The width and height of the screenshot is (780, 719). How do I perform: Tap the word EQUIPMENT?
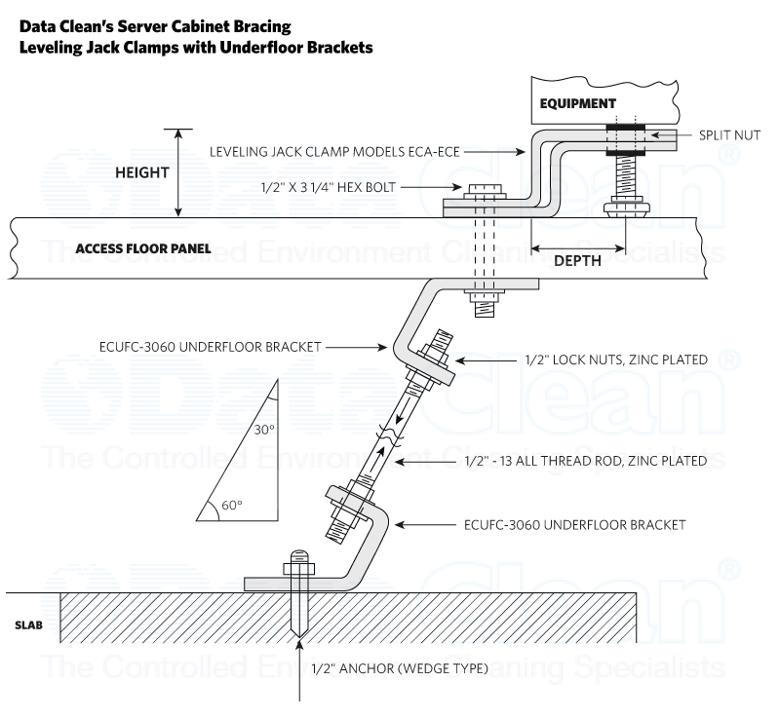point(578,102)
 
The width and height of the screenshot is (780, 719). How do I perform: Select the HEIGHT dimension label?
point(142,172)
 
